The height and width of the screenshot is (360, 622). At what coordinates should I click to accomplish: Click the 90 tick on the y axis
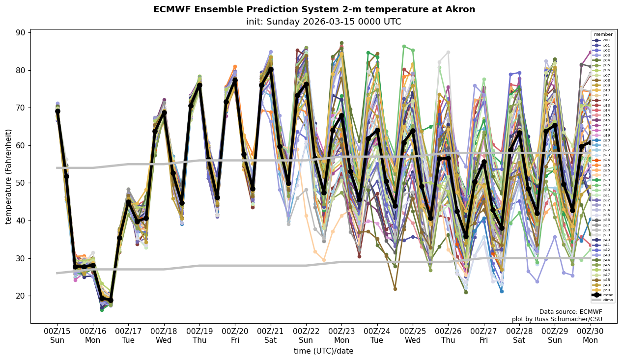[22, 32]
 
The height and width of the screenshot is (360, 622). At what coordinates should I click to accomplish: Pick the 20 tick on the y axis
[22, 296]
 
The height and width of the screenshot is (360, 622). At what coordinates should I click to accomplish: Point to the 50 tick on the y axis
[22, 183]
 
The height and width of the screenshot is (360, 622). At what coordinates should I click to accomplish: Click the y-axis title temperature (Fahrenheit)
[9, 176]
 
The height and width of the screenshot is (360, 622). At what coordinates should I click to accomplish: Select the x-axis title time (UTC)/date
[323, 351]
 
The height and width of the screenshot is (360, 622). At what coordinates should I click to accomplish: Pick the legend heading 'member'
[603, 34]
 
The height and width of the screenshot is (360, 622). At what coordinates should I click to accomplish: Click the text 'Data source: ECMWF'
[570, 312]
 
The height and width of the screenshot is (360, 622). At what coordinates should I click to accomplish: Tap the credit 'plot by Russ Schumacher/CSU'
[557, 319]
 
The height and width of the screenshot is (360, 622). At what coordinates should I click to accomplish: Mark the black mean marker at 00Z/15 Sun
[57, 111]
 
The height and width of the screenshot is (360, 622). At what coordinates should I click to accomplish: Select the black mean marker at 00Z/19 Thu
[199, 85]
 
